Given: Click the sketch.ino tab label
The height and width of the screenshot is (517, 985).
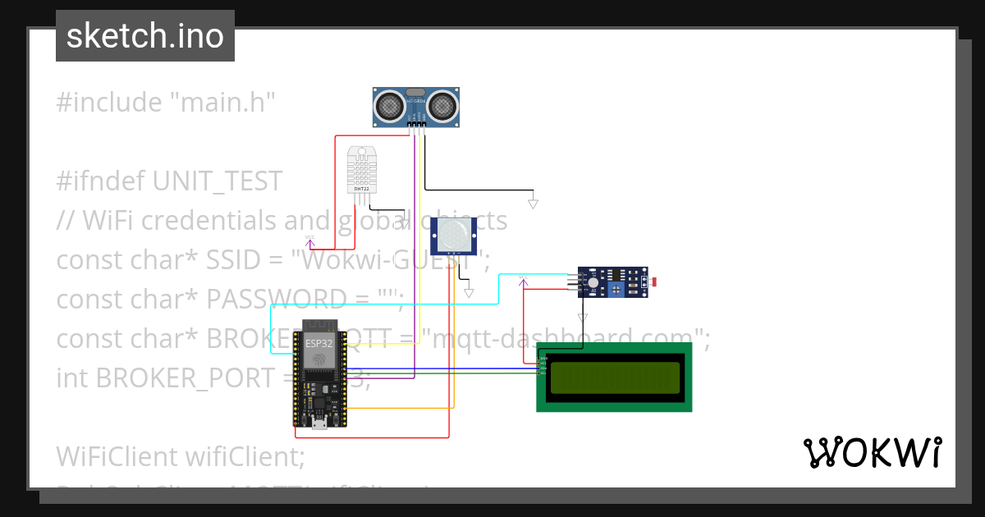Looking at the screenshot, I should (x=144, y=36).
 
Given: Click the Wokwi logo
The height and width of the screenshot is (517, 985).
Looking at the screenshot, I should (x=872, y=452).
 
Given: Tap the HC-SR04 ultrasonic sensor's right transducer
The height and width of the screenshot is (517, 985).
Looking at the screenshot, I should (x=442, y=105).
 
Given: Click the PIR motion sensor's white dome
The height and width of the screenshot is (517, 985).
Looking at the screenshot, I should (x=454, y=235).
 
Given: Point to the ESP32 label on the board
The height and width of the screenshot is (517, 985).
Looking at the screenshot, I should (x=318, y=342).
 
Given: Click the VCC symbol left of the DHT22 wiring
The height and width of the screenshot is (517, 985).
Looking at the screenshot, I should (x=310, y=240).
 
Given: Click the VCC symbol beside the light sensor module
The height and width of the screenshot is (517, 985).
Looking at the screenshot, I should (x=522, y=280).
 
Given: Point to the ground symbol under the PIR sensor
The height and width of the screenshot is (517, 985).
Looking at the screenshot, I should (x=469, y=292).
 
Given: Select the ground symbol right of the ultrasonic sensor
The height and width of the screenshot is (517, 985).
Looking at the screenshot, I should (x=533, y=203).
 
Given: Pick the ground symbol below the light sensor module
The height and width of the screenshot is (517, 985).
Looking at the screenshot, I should (x=582, y=318).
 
